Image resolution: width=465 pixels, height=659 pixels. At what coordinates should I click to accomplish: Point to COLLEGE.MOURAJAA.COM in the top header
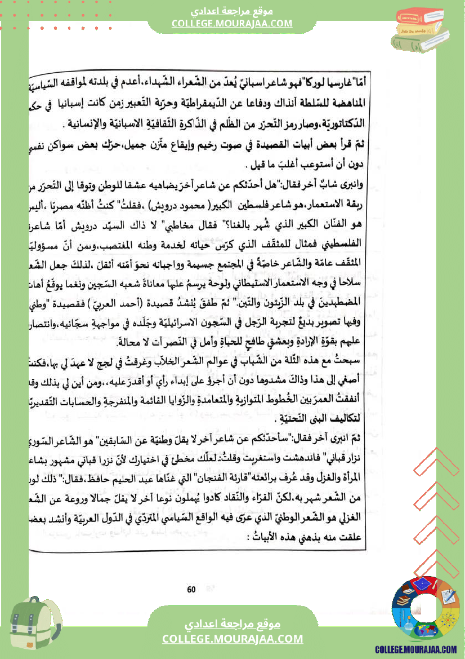232,23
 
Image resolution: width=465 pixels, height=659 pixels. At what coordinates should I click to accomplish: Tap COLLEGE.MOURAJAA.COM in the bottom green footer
232,639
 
